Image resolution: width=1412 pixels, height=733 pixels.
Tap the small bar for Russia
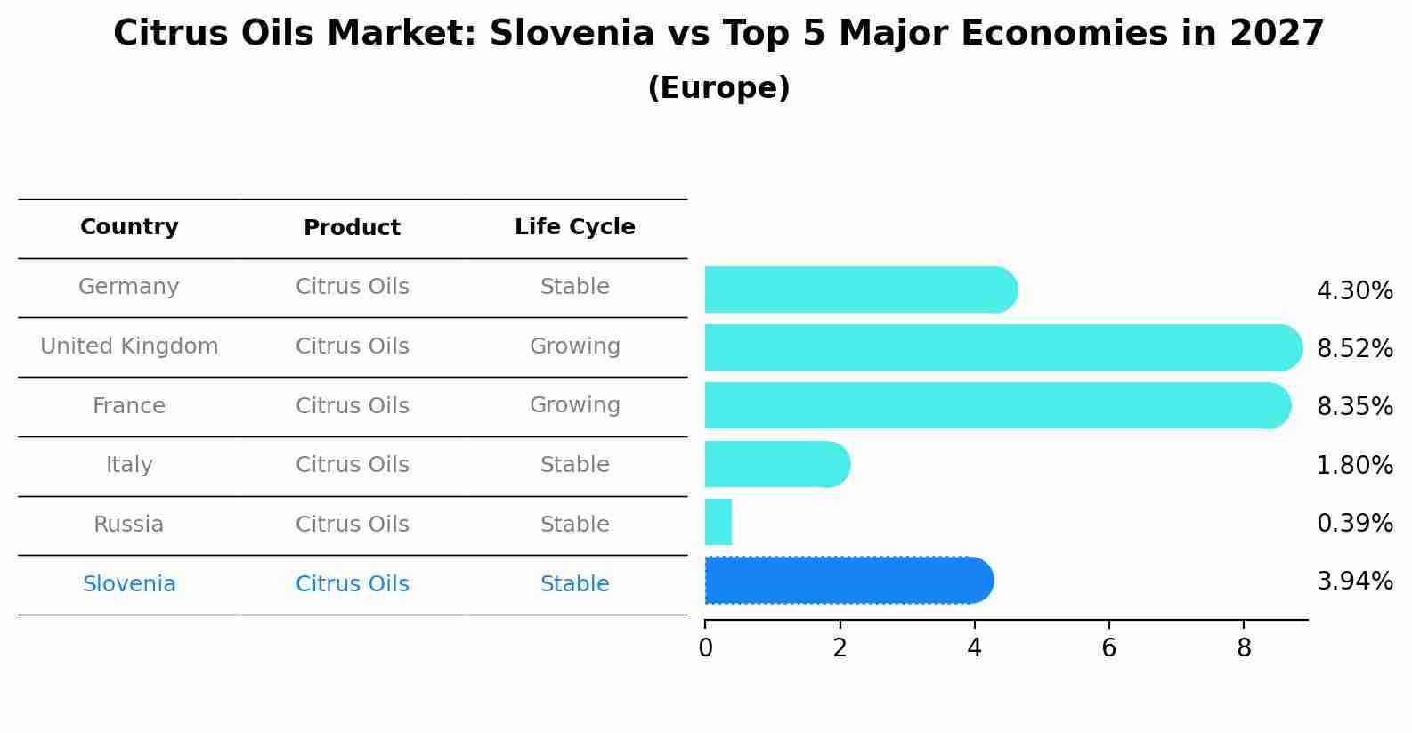coord(718,522)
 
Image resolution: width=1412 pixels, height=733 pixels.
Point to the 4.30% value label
coord(1354,291)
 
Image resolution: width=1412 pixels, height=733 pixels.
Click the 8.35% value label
coord(1354,407)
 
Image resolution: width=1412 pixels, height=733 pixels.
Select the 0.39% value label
coord(1354,524)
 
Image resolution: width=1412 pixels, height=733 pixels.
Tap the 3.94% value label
coord(1354,582)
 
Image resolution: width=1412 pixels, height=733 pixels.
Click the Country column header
coord(129,227)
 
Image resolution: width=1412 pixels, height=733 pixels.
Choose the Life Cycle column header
coord(574,227)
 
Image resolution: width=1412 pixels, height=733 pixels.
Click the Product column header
coord(352,228)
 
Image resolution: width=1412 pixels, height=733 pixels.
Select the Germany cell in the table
coord(129,287)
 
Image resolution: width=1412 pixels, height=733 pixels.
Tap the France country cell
coord(129,406)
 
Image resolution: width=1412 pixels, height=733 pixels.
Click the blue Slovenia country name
coord(129,584)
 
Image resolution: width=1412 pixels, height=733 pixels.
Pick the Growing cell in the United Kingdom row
coord(574,346)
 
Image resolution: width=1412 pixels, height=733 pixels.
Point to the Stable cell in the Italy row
coord(574,465)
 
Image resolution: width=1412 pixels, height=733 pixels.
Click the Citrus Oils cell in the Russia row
coord(352,525)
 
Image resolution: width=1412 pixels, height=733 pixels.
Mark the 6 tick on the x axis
coord(1108,648)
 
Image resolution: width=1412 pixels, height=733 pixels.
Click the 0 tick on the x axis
coord(705,648)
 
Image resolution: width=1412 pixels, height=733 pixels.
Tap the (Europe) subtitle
coord(718,88)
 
